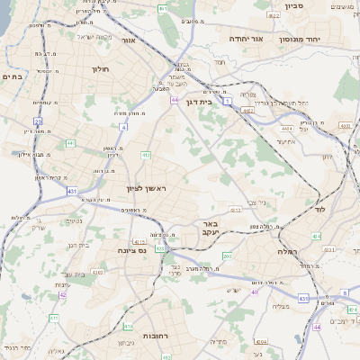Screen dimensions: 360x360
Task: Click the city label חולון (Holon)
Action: [x=100, y=67]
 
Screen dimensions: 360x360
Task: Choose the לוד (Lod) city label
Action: [x=319, y=209]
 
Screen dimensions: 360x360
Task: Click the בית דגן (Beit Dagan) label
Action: [x=210, y=103]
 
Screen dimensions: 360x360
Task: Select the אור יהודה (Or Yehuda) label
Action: [x=244, y=39]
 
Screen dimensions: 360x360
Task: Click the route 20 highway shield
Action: [x=38, y=121]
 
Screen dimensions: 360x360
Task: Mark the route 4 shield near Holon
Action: [x=123, y=127]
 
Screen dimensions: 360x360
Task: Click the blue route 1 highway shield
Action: [x=229, y=99]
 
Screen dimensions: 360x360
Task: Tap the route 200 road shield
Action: [x=227, y=256]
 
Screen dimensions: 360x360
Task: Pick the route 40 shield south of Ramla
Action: [x=255, y=292]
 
